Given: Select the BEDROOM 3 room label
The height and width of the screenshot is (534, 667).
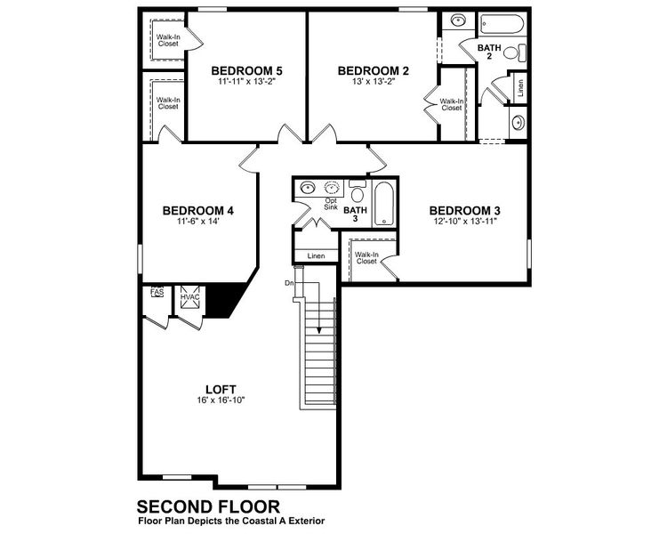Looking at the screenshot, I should point(467,211).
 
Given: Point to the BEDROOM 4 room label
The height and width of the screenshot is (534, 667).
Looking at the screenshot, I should point(197,211).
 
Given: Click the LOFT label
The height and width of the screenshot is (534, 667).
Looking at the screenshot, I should point(221,389).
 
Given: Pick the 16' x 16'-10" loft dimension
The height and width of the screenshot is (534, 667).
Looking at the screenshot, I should point(221,400).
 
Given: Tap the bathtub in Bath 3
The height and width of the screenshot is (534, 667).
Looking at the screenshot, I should point(384,204).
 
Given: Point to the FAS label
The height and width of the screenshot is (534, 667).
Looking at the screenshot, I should point(157,291).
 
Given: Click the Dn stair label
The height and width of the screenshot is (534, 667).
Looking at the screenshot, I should point(289,283).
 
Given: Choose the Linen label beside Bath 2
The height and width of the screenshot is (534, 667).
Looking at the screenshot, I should point(520,89).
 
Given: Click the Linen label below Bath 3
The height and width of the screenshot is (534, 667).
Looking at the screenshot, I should point(317,256).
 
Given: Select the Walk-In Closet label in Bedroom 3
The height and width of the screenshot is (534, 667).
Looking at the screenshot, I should point(367,258).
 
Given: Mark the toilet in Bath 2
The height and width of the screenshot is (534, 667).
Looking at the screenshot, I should point(511,53).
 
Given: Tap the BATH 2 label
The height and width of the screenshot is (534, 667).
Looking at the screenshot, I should point(489,52).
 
